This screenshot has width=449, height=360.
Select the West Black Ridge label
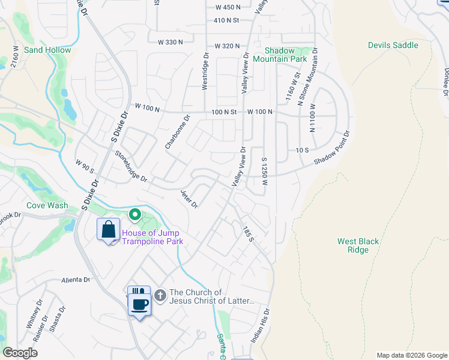(x=358, y=245)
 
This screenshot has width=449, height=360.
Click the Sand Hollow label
(x=47, y=50)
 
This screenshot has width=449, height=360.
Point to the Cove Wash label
(x=47, y=205)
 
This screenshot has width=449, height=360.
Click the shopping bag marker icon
(x=109, y=230)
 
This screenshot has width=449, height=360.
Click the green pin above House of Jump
(x=136, y=214)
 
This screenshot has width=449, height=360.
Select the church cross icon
(x=160, y=295)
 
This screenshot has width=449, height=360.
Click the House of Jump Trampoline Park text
(x=152, y=238)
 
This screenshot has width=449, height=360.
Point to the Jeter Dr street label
(x=189, y=199)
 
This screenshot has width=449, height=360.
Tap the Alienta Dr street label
(x=75, y=280)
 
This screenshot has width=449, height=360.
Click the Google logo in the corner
(x=20, y=352)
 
